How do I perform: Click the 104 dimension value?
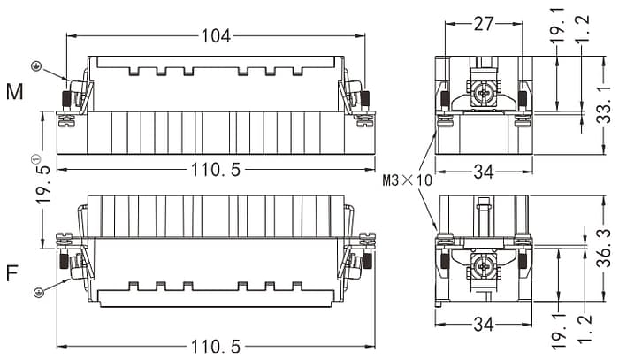pos(216,36)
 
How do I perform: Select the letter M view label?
pos(15,92)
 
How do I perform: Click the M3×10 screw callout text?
pos(408,180)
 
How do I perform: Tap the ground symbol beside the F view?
pos(37,294)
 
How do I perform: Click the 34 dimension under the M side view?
pos(483,172)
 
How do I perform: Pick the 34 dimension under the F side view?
pos(483,326)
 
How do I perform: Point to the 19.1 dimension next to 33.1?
pos(555,25)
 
